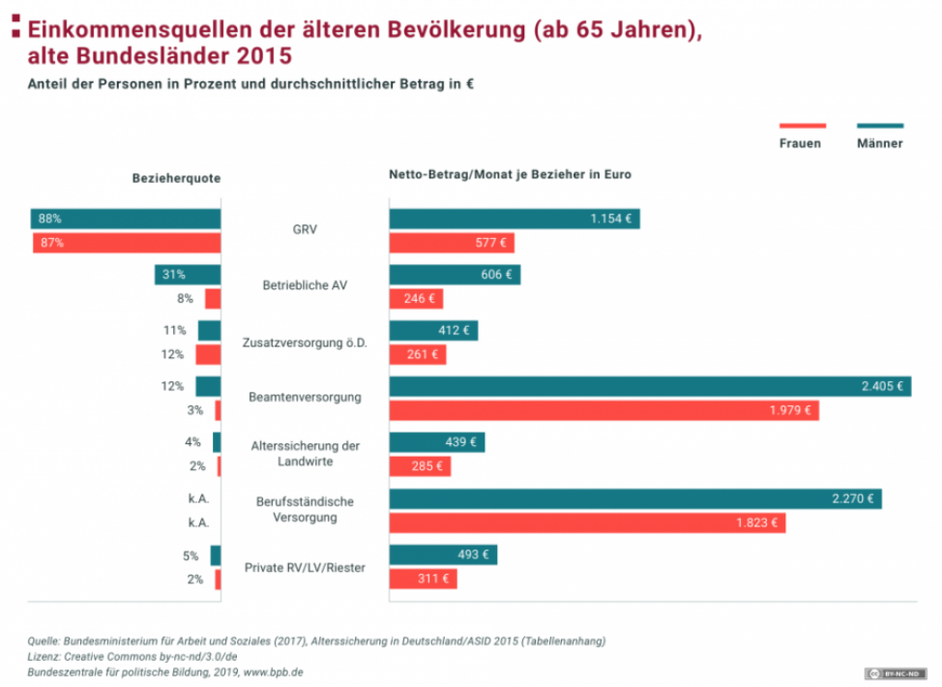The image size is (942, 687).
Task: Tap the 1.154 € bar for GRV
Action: tap(514, 220)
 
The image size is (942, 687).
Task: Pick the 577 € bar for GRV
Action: tap(452, 243)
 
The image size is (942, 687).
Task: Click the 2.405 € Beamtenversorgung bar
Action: tap(649, 386)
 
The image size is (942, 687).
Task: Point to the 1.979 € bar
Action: tap(603, 410)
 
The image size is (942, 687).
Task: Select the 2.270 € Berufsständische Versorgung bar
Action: tap(634, 499)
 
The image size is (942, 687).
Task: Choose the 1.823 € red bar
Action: tap(587, 523)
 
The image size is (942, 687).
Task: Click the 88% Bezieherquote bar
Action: tap(126, 220)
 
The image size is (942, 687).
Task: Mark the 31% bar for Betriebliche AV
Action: tap(188, 275)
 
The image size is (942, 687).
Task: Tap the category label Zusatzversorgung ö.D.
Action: tap(306, 342)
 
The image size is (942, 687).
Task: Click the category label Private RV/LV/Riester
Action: tap(306, 568)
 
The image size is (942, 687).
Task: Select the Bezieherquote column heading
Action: tap(176, 178)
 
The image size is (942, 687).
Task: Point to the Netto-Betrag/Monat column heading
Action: tap(510, 175)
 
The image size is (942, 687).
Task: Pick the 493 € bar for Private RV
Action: tap(443, 555)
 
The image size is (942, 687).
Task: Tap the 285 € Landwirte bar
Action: tap(420, 466)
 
